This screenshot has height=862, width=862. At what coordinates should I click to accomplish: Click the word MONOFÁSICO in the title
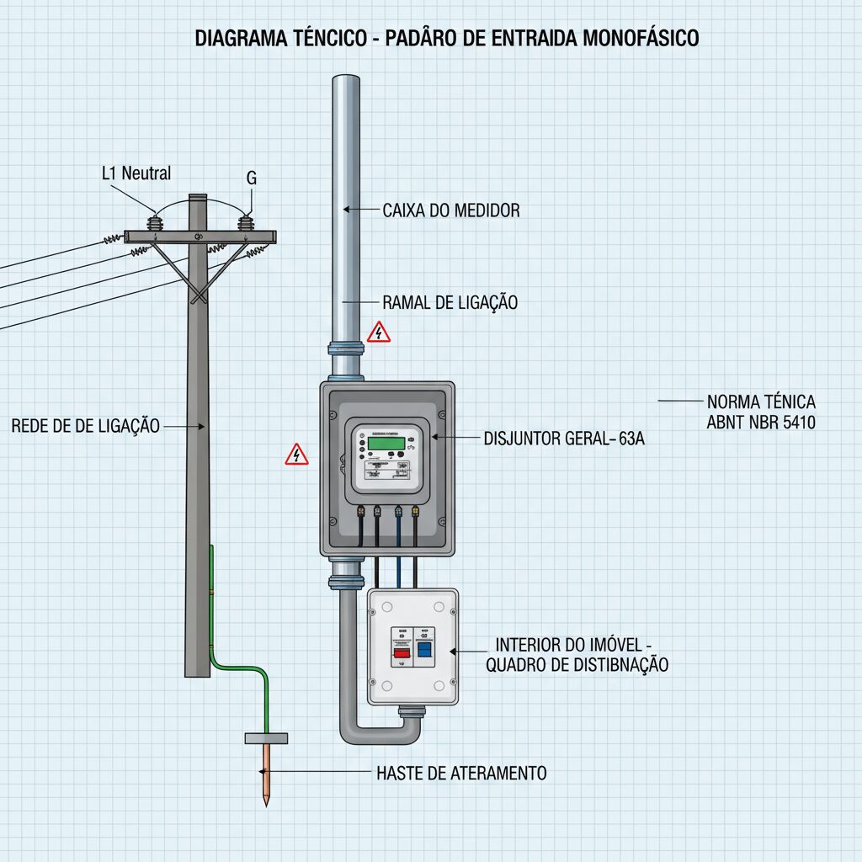tap(641, 38)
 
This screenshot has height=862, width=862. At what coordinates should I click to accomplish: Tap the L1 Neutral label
tap(136, 173)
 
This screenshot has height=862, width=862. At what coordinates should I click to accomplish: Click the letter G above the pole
tap(251, 178)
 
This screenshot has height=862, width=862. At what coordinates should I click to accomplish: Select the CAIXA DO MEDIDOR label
tap(451, 210)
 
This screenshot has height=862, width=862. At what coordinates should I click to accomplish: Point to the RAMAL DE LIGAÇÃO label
tap(450, 302)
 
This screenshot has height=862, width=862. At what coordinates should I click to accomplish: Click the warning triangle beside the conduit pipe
tap(379, 332)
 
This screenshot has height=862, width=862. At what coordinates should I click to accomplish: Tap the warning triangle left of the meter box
tap(297, 454)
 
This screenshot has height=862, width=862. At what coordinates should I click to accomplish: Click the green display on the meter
tap(386, 443)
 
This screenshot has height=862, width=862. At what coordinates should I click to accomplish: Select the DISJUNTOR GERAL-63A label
tap(564, 438)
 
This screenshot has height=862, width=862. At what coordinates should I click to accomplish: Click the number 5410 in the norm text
tap(799, 423)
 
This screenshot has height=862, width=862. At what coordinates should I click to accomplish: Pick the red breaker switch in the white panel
tap(402, 652)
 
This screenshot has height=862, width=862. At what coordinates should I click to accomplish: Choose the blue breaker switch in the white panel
tap(424, 649)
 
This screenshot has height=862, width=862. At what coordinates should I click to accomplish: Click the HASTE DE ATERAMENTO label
tap(462, 773)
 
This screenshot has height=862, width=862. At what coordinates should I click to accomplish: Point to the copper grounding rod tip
tap(267, 806)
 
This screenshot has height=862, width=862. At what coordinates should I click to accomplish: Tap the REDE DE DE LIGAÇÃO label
tap(86, 425)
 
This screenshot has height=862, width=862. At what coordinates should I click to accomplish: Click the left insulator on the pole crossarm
tap(155, 222)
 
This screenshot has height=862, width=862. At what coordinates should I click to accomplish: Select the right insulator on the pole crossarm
tap(245, 222)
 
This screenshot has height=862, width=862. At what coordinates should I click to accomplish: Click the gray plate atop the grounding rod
tap(266, 738)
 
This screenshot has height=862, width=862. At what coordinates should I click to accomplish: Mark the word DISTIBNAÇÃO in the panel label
tap(611, 665)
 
